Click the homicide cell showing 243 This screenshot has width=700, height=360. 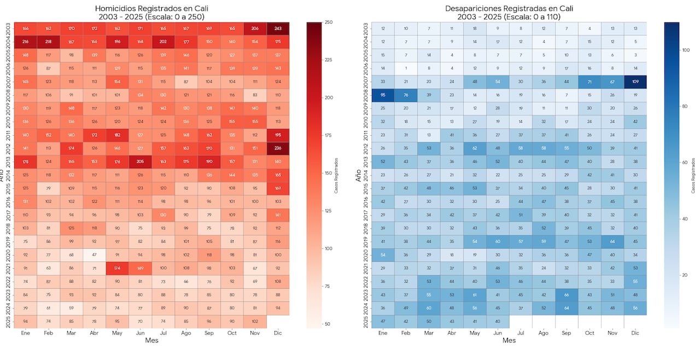coord(278,28)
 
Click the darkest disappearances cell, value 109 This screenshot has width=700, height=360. coord(634,82)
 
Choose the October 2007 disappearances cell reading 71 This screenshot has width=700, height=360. coord(589,82)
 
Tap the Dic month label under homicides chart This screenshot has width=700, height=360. coord(278,333)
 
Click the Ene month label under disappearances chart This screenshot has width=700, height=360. coord(383,333)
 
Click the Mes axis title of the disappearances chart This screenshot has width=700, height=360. coord(509,340)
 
